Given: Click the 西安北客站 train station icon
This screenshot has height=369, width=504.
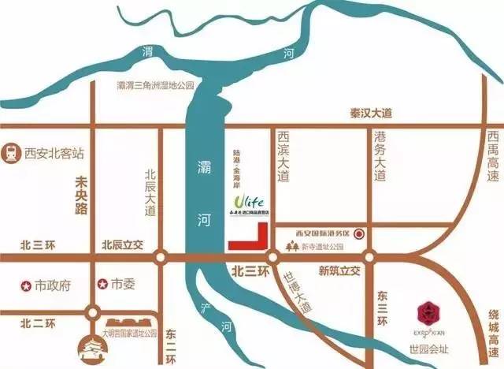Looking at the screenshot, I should tap(12, 150).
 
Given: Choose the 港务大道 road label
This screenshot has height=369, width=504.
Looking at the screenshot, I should tap(380, 156).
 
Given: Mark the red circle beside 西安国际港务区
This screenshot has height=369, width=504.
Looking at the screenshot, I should tap(359, 233).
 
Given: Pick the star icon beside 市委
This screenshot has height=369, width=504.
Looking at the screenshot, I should tap(102, 284).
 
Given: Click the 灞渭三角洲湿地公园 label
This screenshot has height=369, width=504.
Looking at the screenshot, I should tap(154, 84).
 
